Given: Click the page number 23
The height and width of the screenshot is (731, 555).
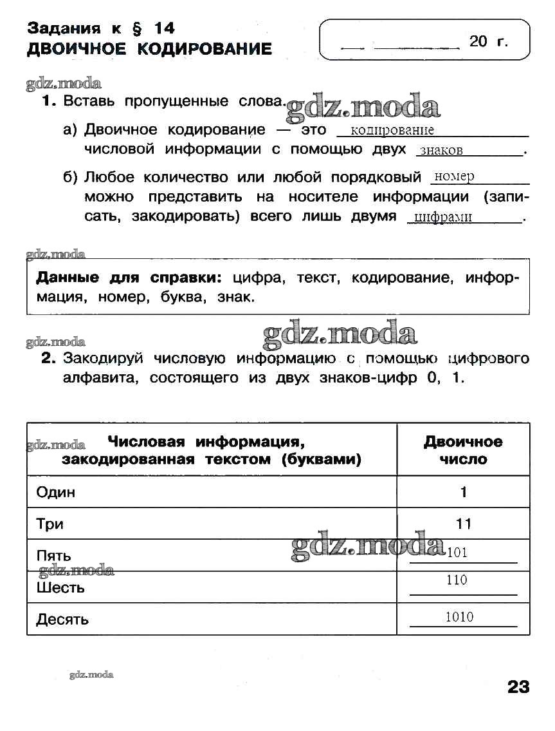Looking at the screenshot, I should [518, 687].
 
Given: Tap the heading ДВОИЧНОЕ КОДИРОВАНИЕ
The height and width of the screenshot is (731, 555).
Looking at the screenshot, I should [149, 49].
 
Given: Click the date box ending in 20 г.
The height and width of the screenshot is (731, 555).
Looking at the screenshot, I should [424, 40].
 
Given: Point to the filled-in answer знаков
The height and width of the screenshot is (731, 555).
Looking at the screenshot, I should [441, 151].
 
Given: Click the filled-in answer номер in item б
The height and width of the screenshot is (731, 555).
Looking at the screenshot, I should [454, 176].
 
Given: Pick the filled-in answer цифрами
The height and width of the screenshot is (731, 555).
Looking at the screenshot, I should [443, 217].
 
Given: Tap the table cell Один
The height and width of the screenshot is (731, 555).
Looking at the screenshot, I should [56, 492].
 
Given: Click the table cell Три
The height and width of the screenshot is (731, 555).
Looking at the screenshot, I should [50, 524].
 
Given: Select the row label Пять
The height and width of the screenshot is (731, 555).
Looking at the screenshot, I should [54, 556].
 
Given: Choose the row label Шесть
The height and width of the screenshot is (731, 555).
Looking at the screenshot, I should [60, 587].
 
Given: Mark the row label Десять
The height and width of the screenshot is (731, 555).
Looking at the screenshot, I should [62, 620].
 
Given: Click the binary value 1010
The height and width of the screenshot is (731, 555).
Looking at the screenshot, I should [460, 617].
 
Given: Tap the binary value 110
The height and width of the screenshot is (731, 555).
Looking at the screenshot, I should [457, 580].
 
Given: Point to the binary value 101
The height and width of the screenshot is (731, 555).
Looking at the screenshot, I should [457, 552].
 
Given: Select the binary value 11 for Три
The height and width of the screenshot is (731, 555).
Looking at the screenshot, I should [464, 524].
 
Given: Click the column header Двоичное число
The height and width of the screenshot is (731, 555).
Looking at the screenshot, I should [463, 450].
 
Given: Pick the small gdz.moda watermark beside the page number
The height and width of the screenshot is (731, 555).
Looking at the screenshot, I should [91, 675].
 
